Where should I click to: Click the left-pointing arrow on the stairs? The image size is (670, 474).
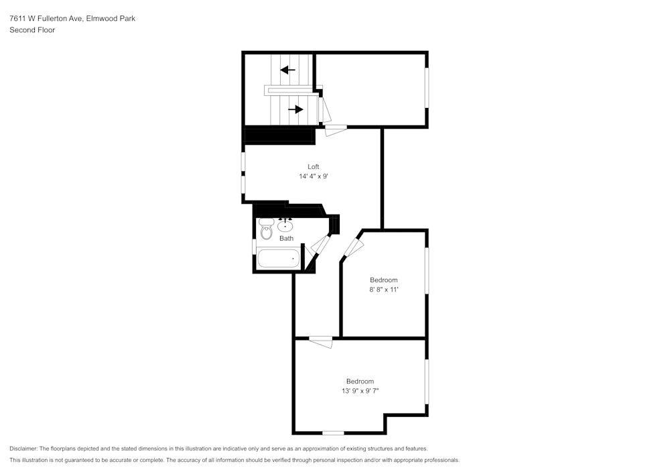288,70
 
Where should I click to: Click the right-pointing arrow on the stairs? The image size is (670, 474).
295,109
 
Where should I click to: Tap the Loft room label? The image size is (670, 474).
313,166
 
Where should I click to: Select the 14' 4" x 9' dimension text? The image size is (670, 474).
313,176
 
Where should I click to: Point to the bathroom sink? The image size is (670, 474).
285,225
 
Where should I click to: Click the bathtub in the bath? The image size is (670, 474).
278,258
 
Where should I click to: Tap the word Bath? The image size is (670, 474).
286,238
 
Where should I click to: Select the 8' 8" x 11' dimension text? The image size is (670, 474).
384,290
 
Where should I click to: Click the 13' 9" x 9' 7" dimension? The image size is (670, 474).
360,391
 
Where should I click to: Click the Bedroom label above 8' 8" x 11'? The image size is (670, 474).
384,280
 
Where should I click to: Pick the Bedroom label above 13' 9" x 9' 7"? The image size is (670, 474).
360,381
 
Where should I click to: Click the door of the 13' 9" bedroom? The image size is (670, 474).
320,342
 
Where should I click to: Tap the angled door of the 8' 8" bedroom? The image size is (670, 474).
352,250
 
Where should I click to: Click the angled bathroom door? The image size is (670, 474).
320,245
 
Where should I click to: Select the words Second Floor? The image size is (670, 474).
32,30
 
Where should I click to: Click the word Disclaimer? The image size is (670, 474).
24,449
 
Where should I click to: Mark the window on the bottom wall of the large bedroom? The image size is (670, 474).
333,433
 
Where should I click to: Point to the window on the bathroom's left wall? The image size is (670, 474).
253,246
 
